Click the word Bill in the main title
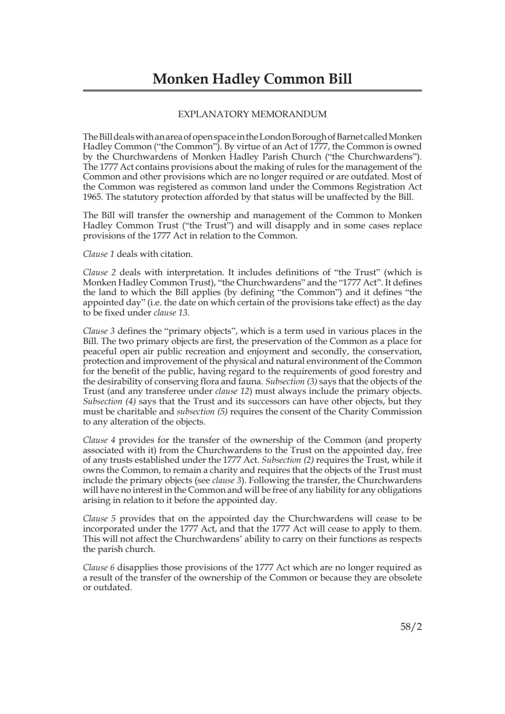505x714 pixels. pos(337,79)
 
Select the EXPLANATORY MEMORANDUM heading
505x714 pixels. pos(252,114)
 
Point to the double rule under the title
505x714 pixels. pos(252,91)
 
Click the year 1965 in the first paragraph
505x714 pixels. pos(92,197)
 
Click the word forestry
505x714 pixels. pos(387,371)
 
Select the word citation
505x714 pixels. pos(175,254)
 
